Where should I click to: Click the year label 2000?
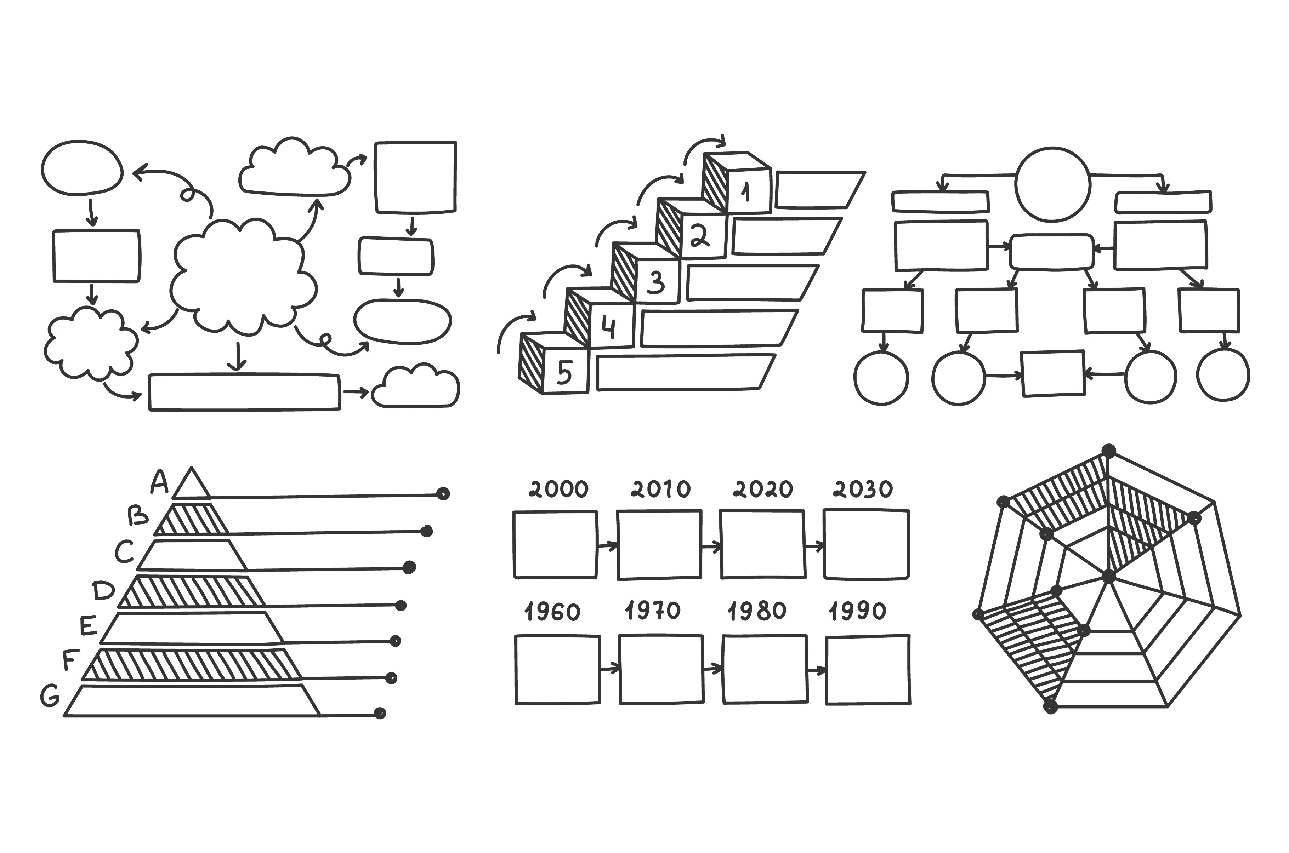pos(558,489)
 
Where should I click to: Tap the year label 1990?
pos(858,612)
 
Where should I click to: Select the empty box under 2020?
pos(762,544)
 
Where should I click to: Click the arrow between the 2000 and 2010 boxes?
pos(607,545)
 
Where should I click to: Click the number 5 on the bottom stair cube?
pos(564,373)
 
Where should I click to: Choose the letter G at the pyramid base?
pos(50,696)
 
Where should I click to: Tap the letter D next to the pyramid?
pos(103,590)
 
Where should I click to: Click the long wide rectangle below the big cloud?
pos(244,392)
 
